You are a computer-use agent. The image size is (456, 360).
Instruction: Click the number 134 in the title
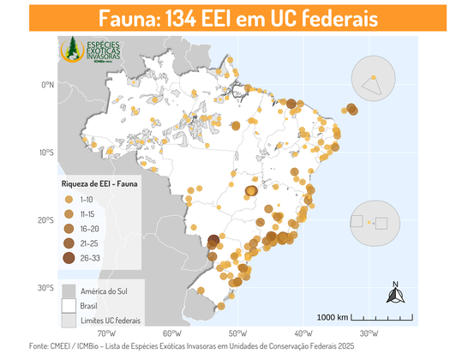tap(196, 19)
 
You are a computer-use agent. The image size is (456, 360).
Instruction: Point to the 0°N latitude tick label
tap(45, 85)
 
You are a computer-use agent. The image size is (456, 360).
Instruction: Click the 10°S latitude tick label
tap(45, 153)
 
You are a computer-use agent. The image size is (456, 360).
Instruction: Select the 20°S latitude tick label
tap(45, 220)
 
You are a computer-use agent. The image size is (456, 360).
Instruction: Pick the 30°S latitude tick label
tap(45, 288)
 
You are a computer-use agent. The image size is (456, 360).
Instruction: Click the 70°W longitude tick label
tap(106, 333)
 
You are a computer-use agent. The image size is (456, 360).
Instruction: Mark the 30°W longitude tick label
tap(369, 333)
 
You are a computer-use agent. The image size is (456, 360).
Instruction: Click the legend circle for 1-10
tap(69, 199)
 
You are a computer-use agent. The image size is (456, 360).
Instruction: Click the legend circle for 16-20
tap(69, 228)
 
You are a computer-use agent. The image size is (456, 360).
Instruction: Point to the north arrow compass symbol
tap(395, 295)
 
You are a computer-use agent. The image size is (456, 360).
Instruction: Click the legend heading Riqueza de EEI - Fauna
tap(99, 183)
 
